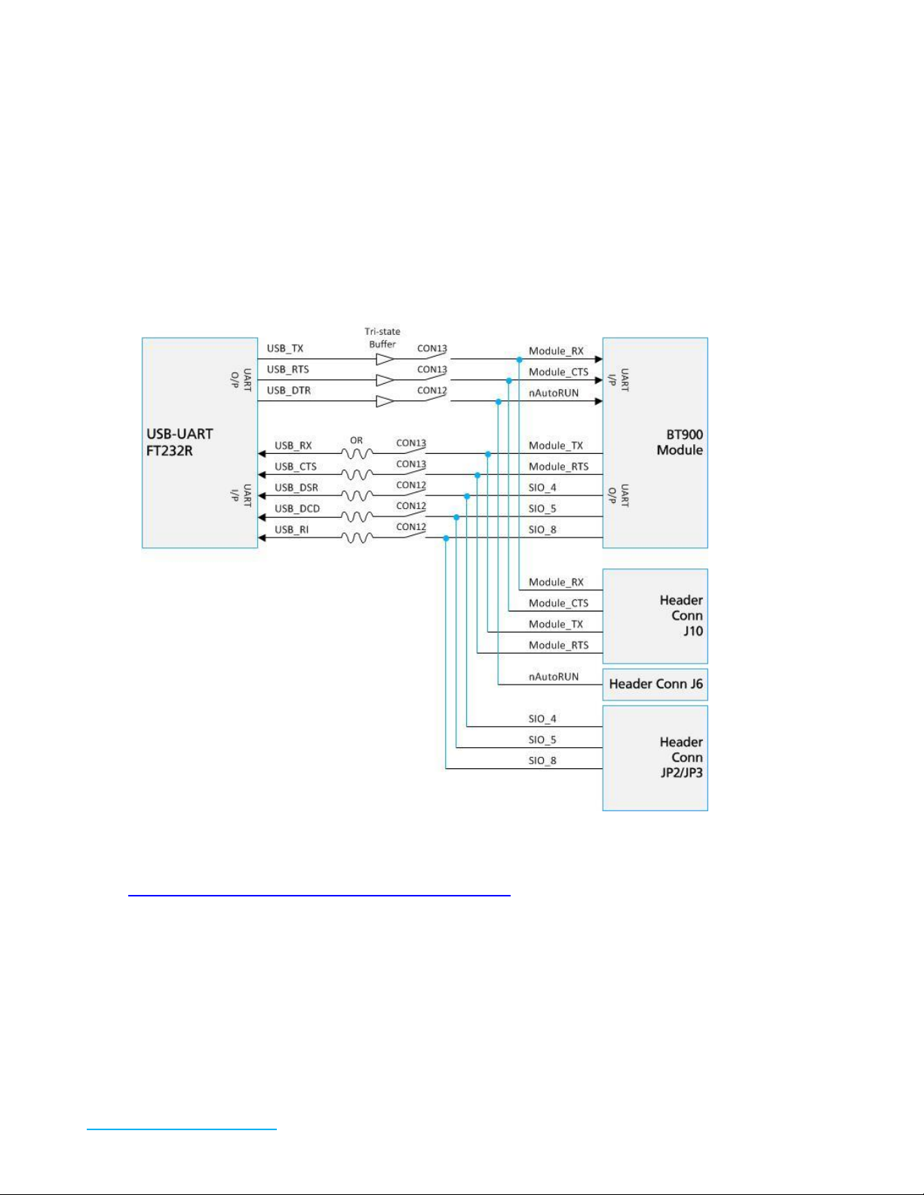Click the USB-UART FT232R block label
pos(180,443)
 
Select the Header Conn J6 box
pos(655,684)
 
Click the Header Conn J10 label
pos(681,615)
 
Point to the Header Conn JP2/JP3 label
pos(681,757)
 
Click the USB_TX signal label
pos(285,348)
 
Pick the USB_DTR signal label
pos(289,391)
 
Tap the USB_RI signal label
pos(291,529)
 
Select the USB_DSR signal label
pos(296,488)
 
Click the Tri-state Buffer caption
pos(382,338)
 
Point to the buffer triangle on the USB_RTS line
pos(385,380)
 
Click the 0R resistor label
pos(356,441)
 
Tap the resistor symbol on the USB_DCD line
pos(357,517)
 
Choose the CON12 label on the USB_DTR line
pos(432,391)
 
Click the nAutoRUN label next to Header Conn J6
pos(554,677)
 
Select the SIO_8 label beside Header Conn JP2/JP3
pos(542,761)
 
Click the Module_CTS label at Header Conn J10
pos(558,603)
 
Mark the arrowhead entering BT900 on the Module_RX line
pos(598,360)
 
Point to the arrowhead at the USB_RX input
pos(262,454)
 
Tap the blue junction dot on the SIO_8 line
pos(446,538)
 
